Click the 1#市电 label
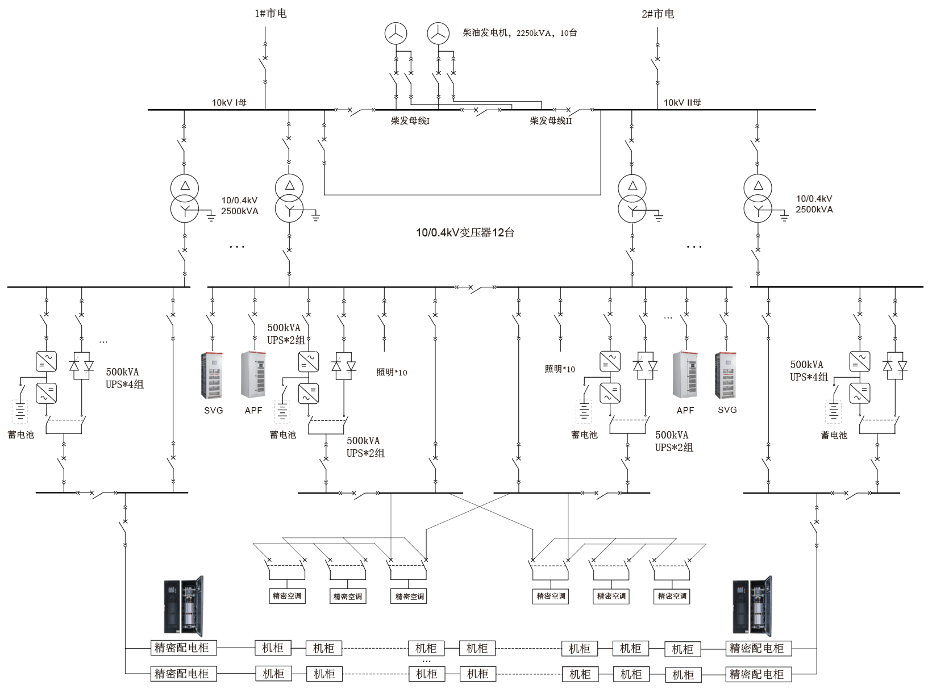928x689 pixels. (271, 13)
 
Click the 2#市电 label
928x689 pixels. (657, 14)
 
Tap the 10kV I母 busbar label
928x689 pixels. (229, 102)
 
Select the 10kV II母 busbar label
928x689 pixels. (682, 102)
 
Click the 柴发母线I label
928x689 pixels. (410, 121)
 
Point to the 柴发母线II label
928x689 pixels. (551, 121)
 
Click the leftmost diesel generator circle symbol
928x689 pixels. (396, 34)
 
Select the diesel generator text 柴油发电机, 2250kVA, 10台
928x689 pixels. (519, 33)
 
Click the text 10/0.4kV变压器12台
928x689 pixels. (465, 232)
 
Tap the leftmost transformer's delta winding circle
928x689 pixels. (185, 186)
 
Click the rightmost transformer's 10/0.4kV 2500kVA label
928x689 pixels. (814, 204)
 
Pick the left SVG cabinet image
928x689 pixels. (213, 375)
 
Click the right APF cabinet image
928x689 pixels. (685, 375)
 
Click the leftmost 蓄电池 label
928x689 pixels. (21, 435)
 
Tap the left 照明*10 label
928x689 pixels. (392, 373)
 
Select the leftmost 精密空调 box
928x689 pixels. (287, 596)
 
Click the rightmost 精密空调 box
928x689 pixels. (672, 596)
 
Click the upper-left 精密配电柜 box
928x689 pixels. (182, 648)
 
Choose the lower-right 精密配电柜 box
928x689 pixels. (758, 674)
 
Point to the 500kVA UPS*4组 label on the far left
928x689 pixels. (124, 378)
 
